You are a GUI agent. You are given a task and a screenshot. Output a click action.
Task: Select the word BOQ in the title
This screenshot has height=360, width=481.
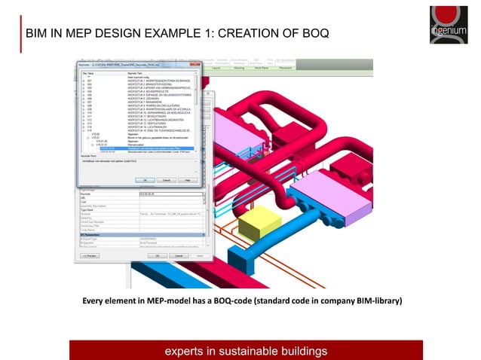click(x=311, y=34)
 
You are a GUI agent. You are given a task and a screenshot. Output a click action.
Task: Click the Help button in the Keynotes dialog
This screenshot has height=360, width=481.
click(x=185, y=180)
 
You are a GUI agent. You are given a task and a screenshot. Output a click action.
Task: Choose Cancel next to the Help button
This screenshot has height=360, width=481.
click(x=164, y=180)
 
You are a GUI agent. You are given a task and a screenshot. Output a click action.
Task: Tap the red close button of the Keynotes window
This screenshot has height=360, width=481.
click(x=197, y=65)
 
